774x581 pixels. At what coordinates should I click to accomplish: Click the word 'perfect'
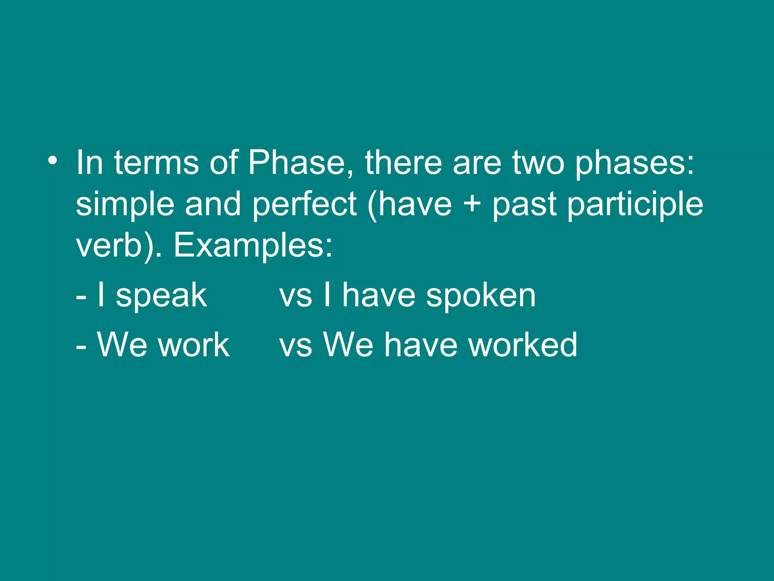point(304,204)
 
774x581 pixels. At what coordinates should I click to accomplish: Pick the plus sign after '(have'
point(472,204)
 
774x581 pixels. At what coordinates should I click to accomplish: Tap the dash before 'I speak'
point(81,297)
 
